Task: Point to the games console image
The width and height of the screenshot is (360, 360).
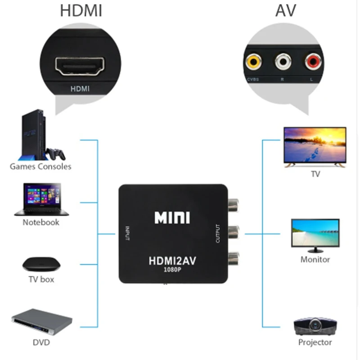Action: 40,135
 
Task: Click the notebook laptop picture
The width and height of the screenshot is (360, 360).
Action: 41,199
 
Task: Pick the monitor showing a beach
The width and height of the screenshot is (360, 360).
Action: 315,234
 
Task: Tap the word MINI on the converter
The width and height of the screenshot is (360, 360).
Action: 172,218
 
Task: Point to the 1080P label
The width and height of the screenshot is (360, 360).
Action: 172,271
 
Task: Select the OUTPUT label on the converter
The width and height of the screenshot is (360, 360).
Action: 218,234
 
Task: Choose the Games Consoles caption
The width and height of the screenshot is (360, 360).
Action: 40,166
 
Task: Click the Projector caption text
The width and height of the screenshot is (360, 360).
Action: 315,342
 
